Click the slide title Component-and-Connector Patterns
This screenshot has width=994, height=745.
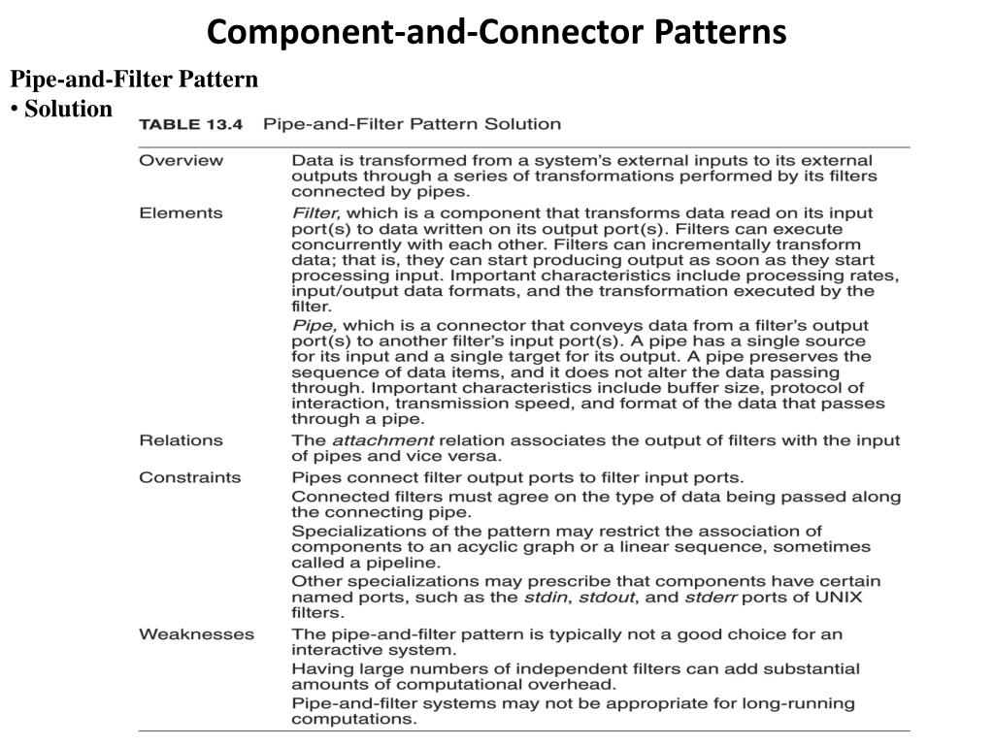(x=496, y=32)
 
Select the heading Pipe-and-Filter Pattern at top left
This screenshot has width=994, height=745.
(x=134, y=80)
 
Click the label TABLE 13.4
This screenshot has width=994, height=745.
(x=192, y=124)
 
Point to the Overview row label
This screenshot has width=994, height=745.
(x=181, y=160)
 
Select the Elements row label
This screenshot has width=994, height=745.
(x=181, y=212)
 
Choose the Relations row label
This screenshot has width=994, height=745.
(x=181, y=440)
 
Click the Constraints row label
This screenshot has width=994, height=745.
(x=190, y=477)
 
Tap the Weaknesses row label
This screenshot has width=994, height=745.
(x=196, y=634)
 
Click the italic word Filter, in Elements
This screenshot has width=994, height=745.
(x=315, y=212)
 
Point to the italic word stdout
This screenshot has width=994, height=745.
(x=605, y=598)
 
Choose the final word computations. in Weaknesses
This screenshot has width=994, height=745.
(x=354, y=720)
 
